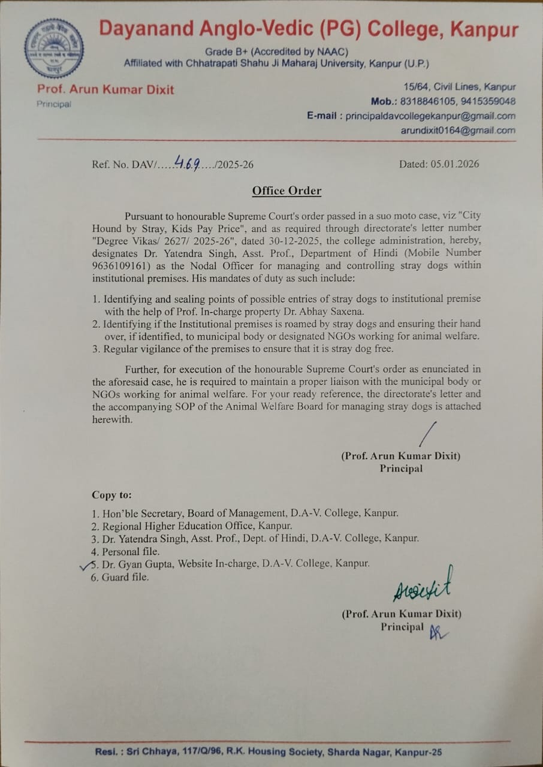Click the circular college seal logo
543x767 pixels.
pos(54,49)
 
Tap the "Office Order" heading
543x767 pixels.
pos(286,191)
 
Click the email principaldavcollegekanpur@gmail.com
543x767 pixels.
pos(430,116)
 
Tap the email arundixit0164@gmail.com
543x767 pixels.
pos(458,131)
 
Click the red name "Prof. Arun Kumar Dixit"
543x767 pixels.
pos(105,90)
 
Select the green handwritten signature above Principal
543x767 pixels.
pos(423,585)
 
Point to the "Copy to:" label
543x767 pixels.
pos(112,495)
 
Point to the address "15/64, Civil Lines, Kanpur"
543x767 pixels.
pos(459,87)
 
